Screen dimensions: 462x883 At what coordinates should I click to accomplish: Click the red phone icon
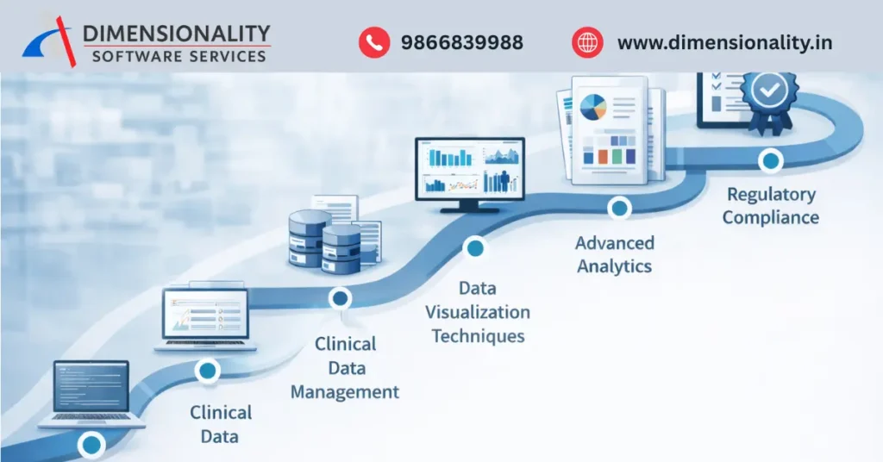tap(374, 41)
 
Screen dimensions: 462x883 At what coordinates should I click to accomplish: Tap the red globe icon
tap(587, 41)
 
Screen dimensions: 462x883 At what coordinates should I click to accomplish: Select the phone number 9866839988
tap(461, 42)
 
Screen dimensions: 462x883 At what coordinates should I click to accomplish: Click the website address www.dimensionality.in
tap(724, 42)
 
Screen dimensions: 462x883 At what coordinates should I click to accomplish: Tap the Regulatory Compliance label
tap(771, 205)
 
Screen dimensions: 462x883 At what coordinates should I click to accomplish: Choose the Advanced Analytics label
tap(614, 254)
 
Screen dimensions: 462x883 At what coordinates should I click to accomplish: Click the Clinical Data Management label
tap(345, 368)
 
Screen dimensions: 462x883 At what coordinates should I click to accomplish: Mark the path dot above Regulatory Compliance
tap(770, 160)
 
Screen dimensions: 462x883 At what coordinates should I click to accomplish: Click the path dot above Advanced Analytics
tap(618, 208)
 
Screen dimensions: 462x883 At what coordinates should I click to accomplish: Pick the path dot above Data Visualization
tap(474, 249)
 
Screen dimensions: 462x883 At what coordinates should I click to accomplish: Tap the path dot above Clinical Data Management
tap(341, 298)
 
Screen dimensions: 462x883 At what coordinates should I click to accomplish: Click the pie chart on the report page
tap(593, 108)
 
